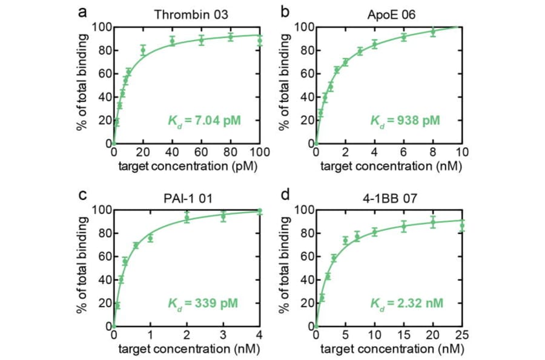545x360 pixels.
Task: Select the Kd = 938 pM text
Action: [405, 120]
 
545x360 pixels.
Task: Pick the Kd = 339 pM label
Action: [203, 302]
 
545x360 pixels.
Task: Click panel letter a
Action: [81, 13]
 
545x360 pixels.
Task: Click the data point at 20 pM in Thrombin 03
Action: [143, 50]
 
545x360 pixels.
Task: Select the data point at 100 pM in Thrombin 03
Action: [260, 41]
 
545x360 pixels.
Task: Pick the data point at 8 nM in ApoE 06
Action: [432, 32]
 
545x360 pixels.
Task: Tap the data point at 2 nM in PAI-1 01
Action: [187, 218]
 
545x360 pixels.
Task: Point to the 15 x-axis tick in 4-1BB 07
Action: [403, 335]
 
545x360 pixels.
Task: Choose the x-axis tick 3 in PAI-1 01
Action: [223, 335]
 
